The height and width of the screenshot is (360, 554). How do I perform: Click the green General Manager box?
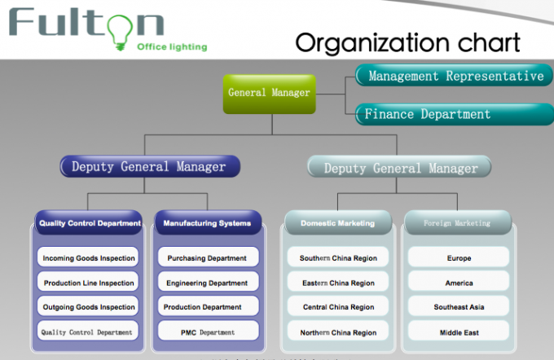point(269,93)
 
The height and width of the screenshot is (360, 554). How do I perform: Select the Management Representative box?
point(455,77)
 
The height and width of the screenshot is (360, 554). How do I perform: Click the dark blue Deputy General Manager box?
point(149,167)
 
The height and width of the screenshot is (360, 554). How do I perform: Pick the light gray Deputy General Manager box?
point(399,168)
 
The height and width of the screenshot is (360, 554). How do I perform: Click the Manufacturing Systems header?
point(207,222)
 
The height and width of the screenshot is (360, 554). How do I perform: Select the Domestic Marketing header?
point(337,222)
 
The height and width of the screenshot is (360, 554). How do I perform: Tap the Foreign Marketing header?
point(457,222)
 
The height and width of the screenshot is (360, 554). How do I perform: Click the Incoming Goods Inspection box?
point(88,258)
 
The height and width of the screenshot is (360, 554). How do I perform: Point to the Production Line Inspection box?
point(88,283)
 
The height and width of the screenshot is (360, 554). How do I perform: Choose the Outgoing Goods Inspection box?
point(88,307)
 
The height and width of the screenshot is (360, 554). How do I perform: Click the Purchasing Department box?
point(207,258)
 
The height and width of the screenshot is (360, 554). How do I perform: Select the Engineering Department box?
point(207,283)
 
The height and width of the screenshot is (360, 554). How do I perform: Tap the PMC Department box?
point(207,331)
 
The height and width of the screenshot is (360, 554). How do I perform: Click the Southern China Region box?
point(337,258)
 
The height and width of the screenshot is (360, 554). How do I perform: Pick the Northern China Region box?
point(337,331)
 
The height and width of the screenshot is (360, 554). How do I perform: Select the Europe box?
point(459,258)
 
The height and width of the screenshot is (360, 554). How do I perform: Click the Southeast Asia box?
point(459,307)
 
